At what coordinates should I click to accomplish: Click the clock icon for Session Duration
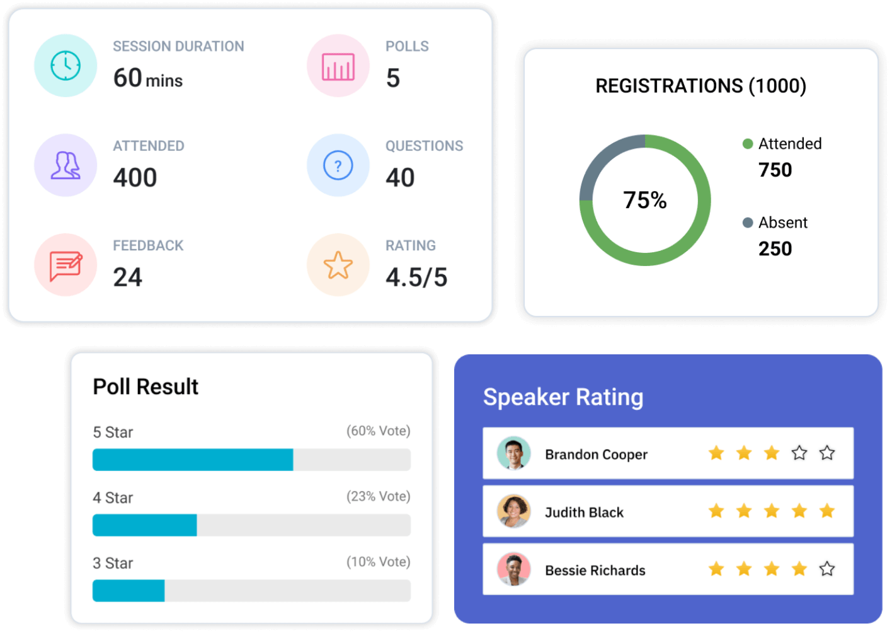pos(66,66)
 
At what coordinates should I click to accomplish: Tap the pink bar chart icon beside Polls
pos(338,66)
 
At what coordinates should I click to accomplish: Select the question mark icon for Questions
pos(338,166)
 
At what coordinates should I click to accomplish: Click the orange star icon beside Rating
pos(338,265)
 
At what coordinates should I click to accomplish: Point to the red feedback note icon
pos(66,265)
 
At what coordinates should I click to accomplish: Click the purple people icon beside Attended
pos(66,166)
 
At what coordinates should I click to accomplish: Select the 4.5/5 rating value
pos(416,277)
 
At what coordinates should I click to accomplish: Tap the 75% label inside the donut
pos(644,200)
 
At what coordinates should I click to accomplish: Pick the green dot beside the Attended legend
pos(748,144)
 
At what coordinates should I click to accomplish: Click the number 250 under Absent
pos(775,248)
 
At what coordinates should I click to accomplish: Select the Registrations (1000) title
pos(700,86)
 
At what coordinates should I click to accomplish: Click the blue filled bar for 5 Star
pos(193,460)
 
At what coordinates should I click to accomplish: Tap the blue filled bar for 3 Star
pos(129,591)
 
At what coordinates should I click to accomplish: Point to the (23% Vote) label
pos(378,496)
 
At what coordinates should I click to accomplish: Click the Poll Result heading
pos(146,386)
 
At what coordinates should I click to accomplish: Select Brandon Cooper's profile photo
pos(513,454)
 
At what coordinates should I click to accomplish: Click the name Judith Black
pos(584,512)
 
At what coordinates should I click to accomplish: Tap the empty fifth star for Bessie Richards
pos(826,569)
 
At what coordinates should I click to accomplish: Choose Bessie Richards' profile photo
pos(513,570)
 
